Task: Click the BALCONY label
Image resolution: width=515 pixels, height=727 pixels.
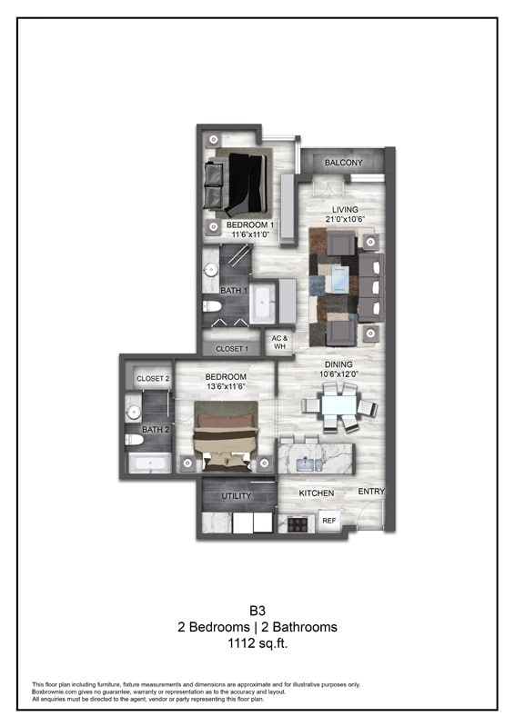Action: (x=343, y=163)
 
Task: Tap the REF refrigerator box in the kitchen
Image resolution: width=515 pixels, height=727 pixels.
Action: (x=328, y=522)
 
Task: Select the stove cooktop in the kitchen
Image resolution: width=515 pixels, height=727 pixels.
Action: (x=297, y=523)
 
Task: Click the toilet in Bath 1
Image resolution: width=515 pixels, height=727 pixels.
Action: (x=210, y=305)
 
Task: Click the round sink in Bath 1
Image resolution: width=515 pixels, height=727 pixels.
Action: (x=209, y=268)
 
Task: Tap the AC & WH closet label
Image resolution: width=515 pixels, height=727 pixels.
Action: (x=279, y=342)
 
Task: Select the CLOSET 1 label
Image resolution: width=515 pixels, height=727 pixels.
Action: (x=231, y=349)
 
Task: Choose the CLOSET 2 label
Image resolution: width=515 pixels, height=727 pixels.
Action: (x=152, y=379)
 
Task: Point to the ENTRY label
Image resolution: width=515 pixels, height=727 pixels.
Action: (x=370, y=492)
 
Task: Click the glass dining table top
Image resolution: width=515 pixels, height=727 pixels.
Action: (x=339, y=401)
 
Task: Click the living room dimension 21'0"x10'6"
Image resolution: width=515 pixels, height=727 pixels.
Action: (x=345, y=219)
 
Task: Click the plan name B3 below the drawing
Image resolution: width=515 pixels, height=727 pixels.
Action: (x=257, y=611)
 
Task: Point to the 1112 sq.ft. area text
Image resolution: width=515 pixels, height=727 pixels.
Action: (x=257, y=643)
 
